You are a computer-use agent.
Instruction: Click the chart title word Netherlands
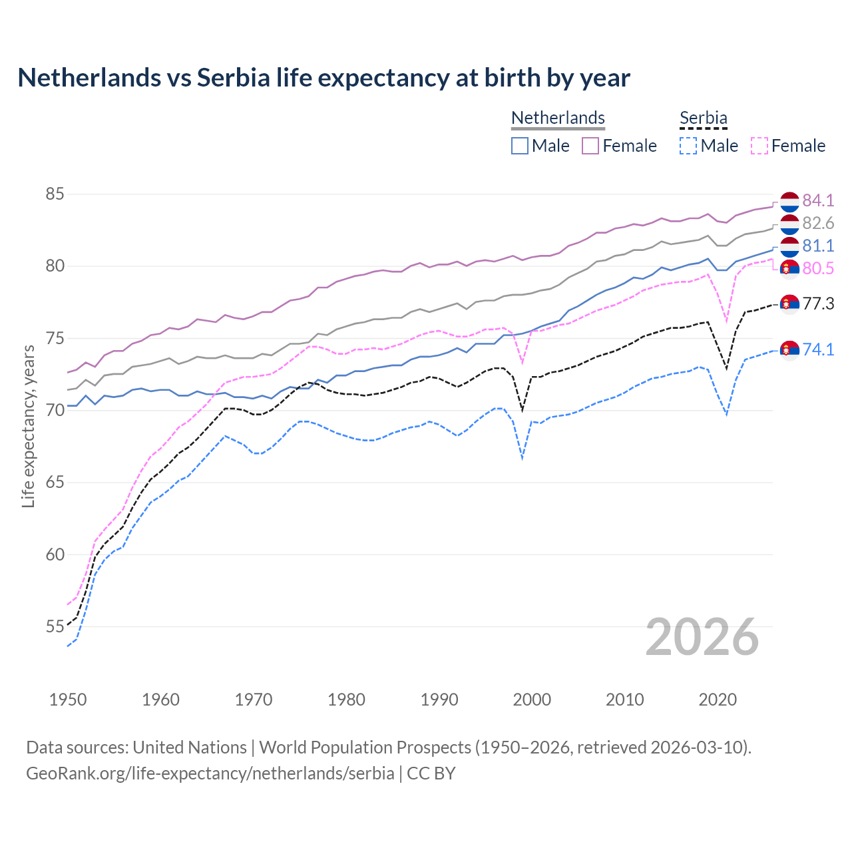tap(89, 78)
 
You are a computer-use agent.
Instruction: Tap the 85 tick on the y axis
tap(55, 194)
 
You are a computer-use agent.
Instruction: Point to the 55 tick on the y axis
tap(55, 626)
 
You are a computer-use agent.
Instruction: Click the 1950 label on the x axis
tap(68, 700)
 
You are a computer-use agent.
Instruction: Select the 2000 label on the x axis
tap(532, 700)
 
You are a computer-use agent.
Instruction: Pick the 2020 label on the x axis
tap(718, 700)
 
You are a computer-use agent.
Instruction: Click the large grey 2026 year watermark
tap(702, 637)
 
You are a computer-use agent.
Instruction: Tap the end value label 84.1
tap(818, 200)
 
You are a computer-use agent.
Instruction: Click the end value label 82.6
tap(818, 223)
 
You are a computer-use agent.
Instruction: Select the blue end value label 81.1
tap(818, 246)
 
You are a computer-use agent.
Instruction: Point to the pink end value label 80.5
tap(818, 268)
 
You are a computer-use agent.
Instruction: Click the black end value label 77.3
tap(818, 304)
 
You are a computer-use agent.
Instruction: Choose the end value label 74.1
tap(818, 349)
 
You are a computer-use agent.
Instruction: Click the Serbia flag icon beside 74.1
tap(789, 349)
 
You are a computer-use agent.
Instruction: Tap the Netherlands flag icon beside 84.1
tap(789, 201)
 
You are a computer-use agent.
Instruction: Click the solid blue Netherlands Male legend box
tap(520, 146)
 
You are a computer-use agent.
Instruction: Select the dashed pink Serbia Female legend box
tap(759, 146)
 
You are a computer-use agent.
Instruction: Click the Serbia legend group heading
tap(703, 118)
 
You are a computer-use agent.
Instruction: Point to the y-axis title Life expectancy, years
tap(28, 426)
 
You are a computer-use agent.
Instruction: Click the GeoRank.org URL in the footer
tap(210, 773)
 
